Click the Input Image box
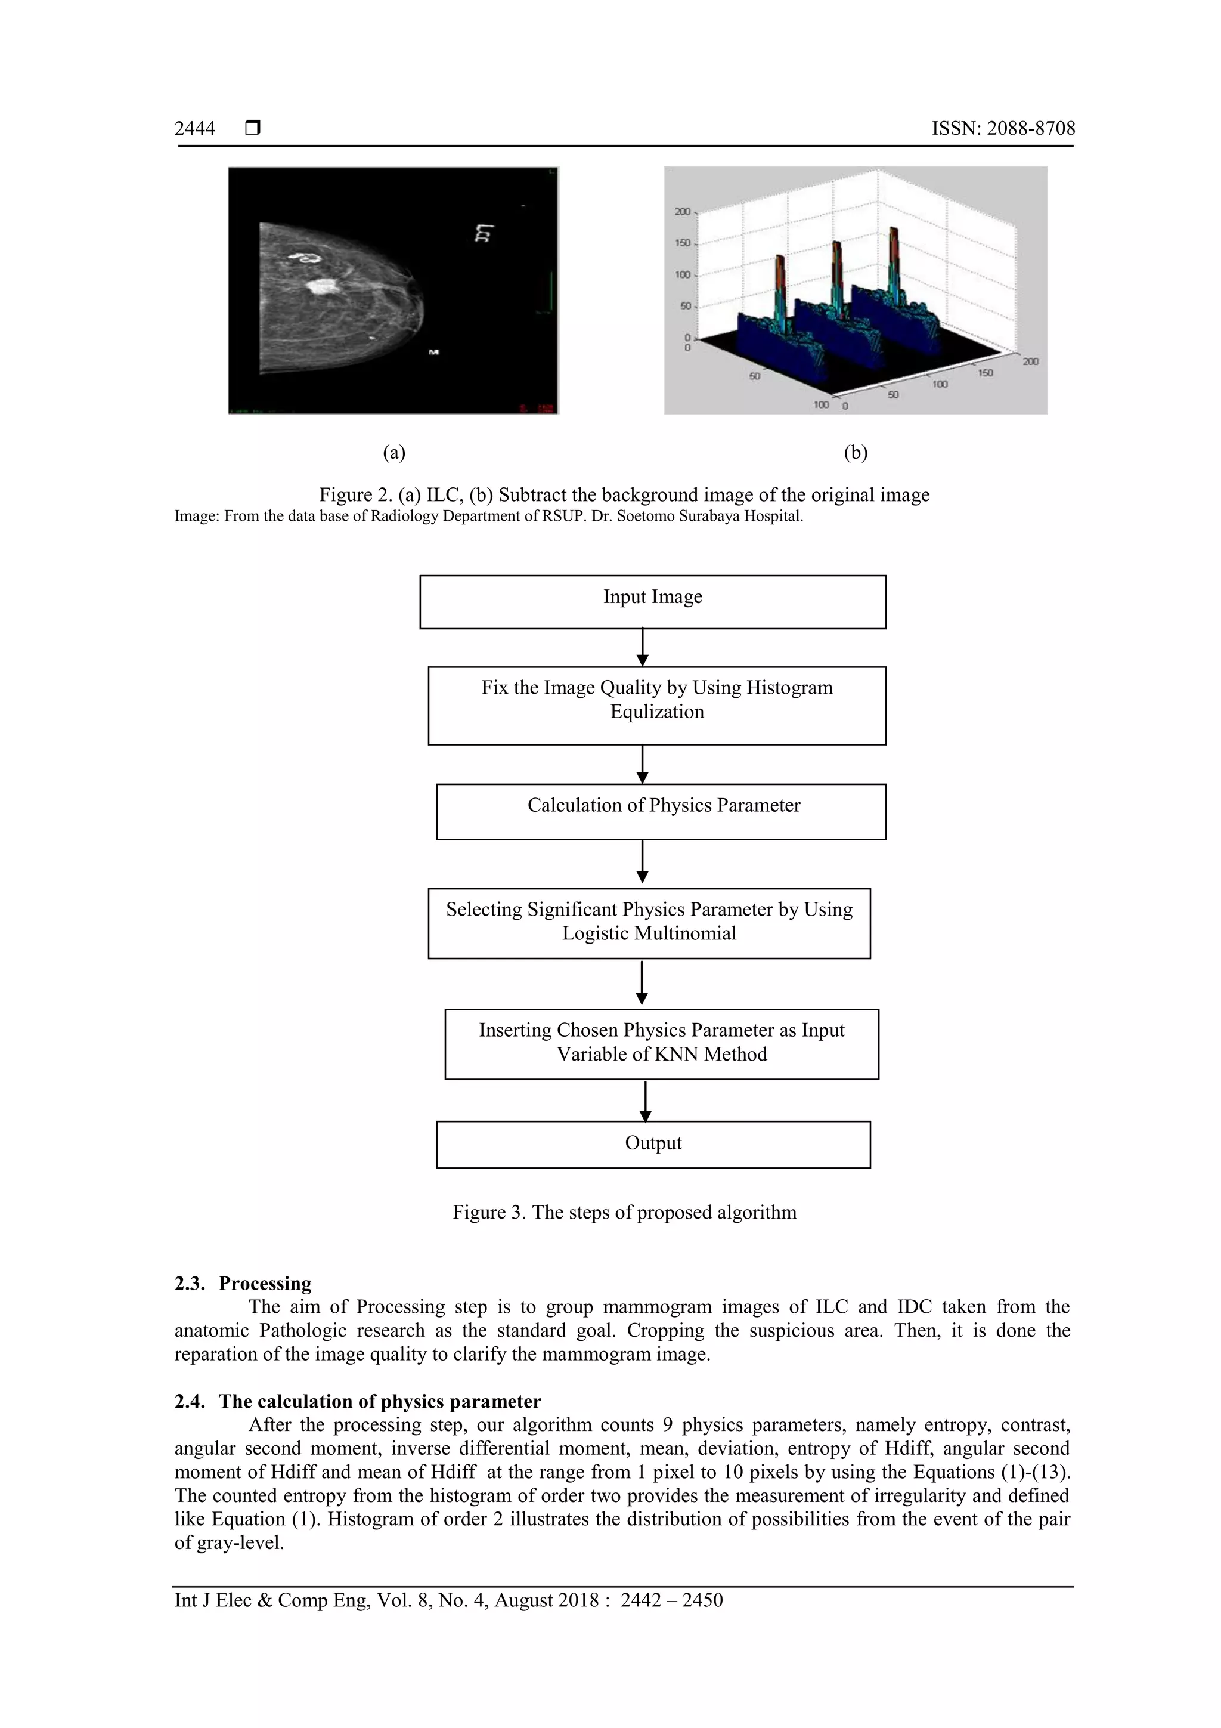tap(652, 601)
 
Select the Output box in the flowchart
tap(653, 1144)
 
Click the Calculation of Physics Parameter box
tap(661, 811)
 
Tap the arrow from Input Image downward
tap(642, 647)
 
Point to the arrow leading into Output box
tap(644, 1101)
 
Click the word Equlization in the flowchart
tap(657, 712)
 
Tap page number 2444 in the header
tap(195, 129)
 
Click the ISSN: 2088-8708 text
tap(1003, 129)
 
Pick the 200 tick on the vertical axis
tap(681, 212)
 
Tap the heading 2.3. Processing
tap(243, 1283)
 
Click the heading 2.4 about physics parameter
tap(357, 1401)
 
